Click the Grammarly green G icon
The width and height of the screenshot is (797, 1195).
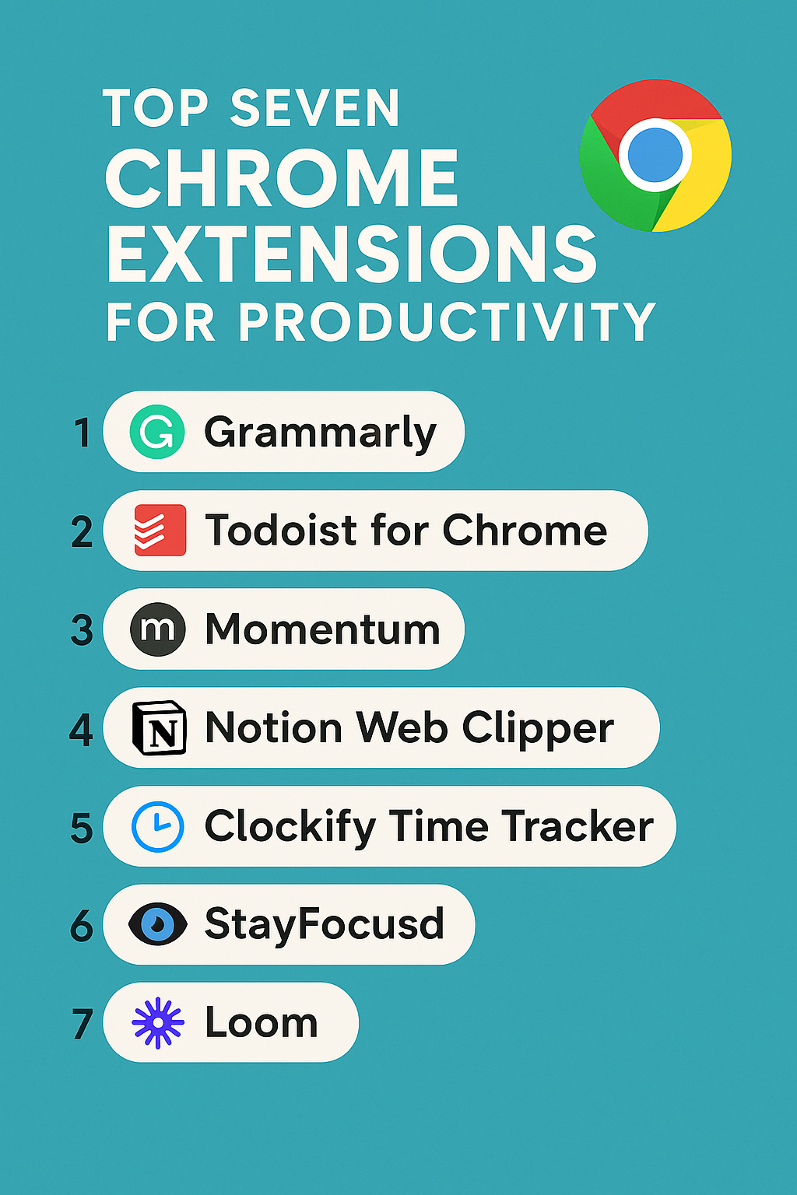(x=157, y=432)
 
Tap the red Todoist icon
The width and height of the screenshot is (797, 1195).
(x=160, y=530)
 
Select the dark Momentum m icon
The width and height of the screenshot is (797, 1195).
(x=158, y=629)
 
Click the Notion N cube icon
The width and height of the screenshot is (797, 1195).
(x=160, y=727)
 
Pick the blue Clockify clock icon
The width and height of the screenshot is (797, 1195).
(x=158, y=826)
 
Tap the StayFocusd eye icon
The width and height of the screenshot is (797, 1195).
(x=158, y=924)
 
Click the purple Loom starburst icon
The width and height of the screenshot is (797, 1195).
(x=158, y=1022)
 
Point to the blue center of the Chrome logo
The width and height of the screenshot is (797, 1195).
(x=655, y=154)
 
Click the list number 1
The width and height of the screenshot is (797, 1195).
(x=83, y=433)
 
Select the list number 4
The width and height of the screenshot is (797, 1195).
(x=82, y=730)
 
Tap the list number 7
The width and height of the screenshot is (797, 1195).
(x=83, y=1024)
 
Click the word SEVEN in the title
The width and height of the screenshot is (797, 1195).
(x=315, y=108)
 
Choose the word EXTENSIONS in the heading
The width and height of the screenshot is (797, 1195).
(x=352, y=254)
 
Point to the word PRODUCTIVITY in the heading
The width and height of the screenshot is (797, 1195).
(x=447, y=321)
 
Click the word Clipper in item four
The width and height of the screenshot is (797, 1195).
(x=538, y=729)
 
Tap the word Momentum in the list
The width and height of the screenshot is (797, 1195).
(x=322, y=629)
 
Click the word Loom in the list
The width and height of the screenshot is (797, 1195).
(x=262, y=1022)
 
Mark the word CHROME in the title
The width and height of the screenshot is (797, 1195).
(x=282, y=178)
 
